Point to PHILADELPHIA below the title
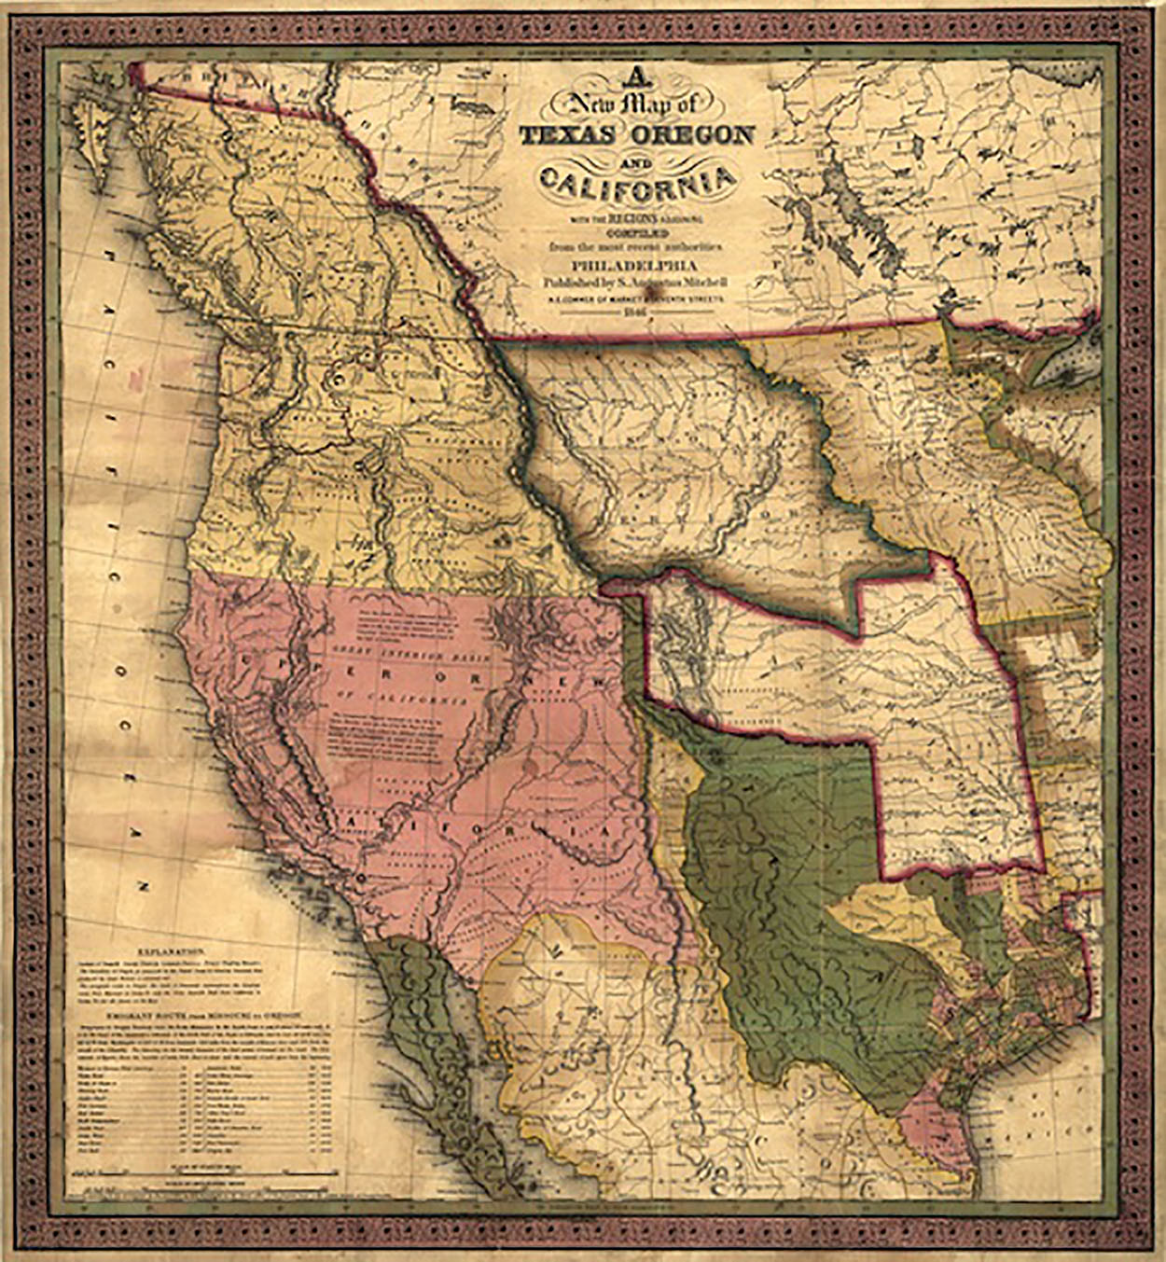pyautogui.click(x=637, y=264)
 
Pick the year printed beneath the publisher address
pyautogui.click(x=637, y=310)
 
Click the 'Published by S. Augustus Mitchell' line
pyautogui.click(x=637, y=280)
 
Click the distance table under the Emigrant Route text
pyautogui.click(x=201, y=1110)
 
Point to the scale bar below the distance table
pyautogui.click(x=201, y=1172)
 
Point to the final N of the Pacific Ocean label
pyautogui.click(x=143, y=883)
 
